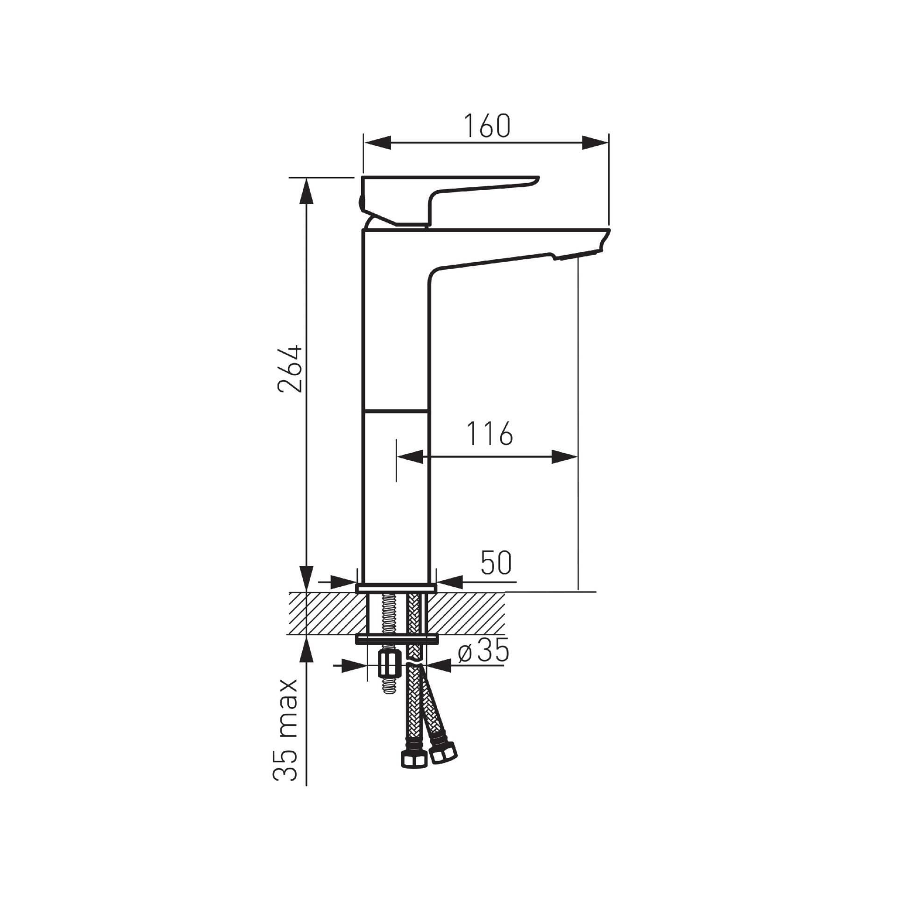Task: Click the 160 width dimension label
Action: pos(486,126)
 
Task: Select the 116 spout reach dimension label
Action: pos(490,433)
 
